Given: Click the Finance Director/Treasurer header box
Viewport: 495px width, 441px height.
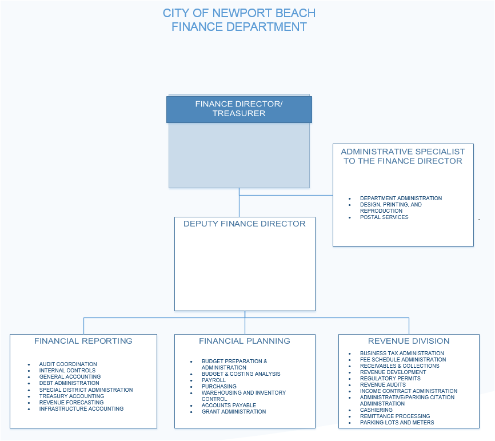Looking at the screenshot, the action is (x=239, y=109).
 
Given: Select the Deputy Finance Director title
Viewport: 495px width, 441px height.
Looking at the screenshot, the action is (x=244, y=224).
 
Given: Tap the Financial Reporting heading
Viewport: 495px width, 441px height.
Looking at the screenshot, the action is (x=83, y=341).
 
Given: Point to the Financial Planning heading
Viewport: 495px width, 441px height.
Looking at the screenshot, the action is (x=244, y=341).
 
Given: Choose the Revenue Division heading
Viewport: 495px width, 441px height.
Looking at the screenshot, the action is (x=409, y=341).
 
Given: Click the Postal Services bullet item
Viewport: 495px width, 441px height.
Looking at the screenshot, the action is (x=384, y=217).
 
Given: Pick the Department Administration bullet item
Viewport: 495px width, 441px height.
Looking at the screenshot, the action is (x=401, y=198).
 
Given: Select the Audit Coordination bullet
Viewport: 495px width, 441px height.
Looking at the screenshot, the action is (x=68, y=364).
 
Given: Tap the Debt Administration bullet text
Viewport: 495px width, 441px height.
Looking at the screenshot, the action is (x=69, y=383).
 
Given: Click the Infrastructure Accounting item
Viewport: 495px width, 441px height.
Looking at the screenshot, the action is (x=81, y=408).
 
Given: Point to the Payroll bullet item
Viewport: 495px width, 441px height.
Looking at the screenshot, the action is (x=213, y=380).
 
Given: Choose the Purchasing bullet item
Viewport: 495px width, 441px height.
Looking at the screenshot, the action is (x=219, y=386).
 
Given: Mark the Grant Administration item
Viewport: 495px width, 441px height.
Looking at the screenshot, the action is (x=234, y=412).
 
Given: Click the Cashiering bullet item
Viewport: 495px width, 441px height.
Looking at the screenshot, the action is (x=376, y=410).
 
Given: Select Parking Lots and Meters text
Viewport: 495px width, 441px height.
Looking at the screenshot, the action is (x=397, y=422).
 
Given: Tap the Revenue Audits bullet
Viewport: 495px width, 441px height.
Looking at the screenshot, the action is (x=382, y=384).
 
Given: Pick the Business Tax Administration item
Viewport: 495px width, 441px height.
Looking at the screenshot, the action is (x=402, y=353).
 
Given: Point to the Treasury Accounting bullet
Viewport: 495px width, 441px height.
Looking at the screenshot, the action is (x=71, y=396).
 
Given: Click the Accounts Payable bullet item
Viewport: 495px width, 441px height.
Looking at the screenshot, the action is (x=229, y=406).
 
